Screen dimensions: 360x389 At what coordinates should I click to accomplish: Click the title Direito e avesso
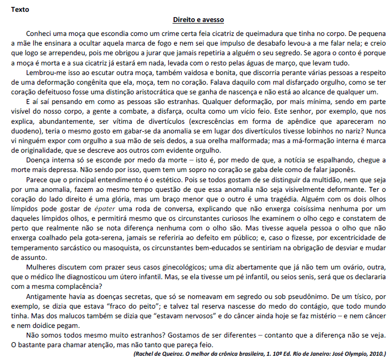click(194, 20)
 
